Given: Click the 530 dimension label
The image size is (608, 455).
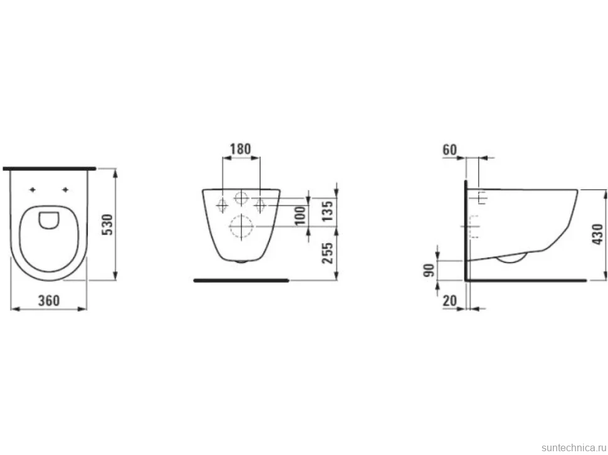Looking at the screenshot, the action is coord(107,224).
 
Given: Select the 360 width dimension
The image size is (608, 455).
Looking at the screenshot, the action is coord(49,300).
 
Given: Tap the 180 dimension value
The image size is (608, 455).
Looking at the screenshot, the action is coord(241,149).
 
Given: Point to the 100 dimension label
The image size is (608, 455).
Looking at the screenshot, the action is coord(300,216).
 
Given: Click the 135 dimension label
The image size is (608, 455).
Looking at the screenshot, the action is coord(328,211).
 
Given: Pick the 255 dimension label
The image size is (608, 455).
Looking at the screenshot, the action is coord(328,253).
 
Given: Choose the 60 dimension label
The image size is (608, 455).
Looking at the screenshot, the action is coord(450,150).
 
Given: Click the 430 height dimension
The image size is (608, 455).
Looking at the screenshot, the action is coord(597,234).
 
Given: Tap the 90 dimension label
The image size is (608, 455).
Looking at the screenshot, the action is coord(429,270).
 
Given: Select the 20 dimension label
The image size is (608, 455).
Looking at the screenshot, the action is coord(450,300).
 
